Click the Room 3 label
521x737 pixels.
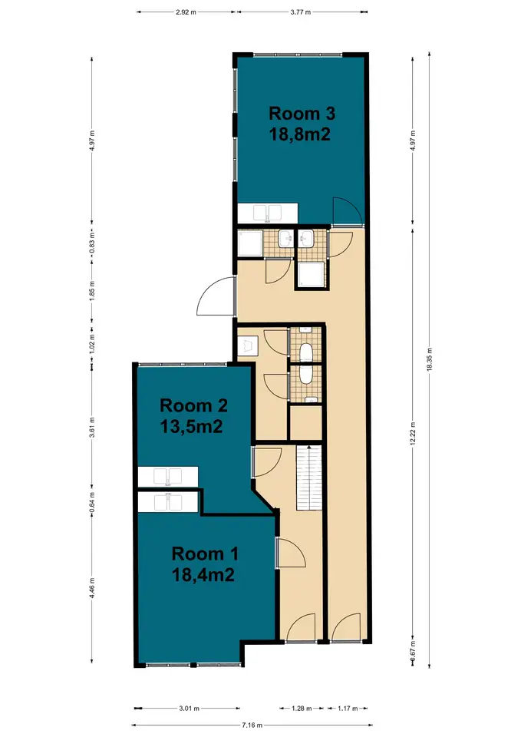[x=302, y=114]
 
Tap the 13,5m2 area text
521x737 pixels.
[x=191, y=426]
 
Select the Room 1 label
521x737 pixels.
[x=205, y=554]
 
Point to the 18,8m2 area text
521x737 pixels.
[x=300, y=134]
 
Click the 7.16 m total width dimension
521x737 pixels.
[x=252, y=725]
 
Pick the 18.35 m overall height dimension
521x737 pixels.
[x=429, y=359]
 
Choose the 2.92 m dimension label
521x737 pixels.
[x=186, y=12]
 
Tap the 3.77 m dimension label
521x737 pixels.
[x=301, y=12]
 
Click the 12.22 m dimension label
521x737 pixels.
[x=413, y=433]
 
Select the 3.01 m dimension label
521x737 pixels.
[x=190, y=709]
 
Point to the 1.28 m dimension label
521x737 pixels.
[x=302, y=709]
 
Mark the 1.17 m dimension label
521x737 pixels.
[x=348, y=709]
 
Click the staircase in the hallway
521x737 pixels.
[x=308, y=478]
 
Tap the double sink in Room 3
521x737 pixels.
[x=267, y=213]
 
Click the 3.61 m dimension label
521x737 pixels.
[x=92, y=428]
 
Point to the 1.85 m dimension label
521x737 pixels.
[x=92, y=291]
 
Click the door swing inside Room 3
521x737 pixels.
[x=347, y=212]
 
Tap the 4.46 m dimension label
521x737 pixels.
[x=92, y=588]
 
